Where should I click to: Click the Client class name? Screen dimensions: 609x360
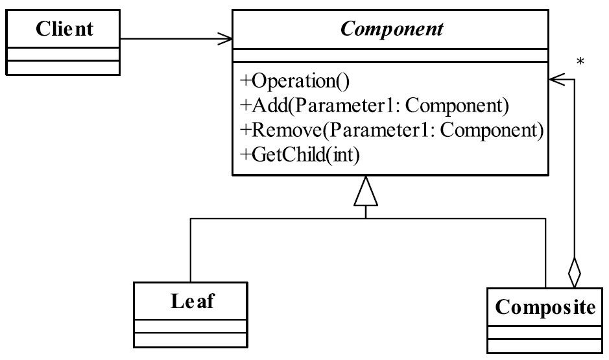[64, 29]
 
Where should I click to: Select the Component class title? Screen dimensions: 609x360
[392, 29]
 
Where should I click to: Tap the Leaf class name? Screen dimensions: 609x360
[192, 301]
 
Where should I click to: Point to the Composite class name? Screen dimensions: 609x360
[545, 307]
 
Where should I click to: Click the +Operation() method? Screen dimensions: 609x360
[295, 81]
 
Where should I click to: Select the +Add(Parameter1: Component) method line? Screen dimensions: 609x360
[375, 105]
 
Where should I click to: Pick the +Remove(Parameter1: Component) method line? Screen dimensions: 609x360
[392, 130]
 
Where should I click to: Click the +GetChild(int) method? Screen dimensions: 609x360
[300, 154]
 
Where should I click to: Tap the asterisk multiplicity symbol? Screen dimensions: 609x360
[580, 62]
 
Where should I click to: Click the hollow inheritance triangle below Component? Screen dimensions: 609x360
[366, 191]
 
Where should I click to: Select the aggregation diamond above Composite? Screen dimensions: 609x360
[574, 272]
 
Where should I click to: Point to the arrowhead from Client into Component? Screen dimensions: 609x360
[225, 38]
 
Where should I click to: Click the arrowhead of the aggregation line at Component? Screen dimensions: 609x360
[556, 80]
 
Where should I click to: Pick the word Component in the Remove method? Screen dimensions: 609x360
[492, 130]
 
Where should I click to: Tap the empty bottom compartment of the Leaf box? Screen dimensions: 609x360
[190, 340]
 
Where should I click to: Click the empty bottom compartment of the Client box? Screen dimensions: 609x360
[63, 67]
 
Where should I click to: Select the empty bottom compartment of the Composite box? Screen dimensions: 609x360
[545, 346]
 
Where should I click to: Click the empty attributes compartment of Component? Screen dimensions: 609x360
[390, 55]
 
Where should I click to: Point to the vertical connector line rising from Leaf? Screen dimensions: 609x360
[190, 250]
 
